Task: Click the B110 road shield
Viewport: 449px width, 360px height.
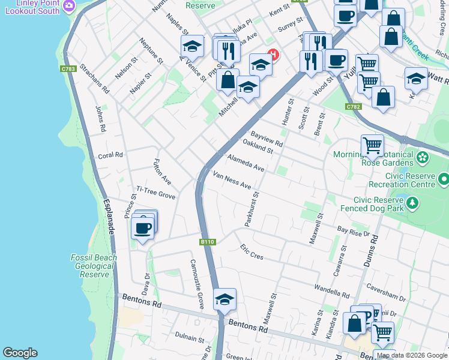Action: click(207, 242)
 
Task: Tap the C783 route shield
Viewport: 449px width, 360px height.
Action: click(68, 70)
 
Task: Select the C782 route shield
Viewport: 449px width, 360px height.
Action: click(354, 107)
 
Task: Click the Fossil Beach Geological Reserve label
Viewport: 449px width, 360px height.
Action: click(94, 266)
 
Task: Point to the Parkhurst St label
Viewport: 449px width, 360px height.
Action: click(252, 208)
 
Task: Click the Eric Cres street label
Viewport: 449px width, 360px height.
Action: click(252, 252)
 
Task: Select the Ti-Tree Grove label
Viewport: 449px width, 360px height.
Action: click(155, 193)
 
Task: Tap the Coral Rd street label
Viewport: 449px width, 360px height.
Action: click(110, 155)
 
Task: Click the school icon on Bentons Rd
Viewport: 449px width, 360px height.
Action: click(224, 299)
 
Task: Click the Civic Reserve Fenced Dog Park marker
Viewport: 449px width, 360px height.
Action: click(412, 204)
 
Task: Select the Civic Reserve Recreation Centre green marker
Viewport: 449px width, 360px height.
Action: click(444, 179)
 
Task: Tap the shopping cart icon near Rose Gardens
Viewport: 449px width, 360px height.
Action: click(372, 145)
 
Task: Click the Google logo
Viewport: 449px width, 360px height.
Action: click(20, 353)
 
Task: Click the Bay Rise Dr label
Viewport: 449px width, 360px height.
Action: click(354, 230)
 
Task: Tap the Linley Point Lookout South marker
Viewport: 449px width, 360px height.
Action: click(69, 6)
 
